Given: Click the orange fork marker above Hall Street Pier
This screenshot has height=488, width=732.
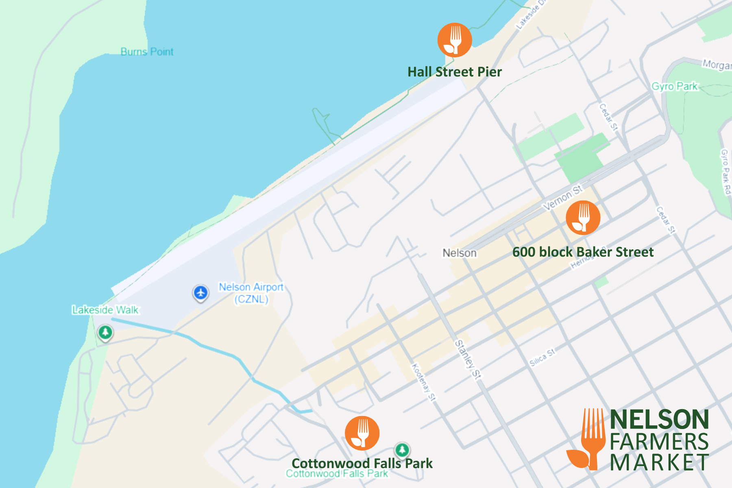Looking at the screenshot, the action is [455, 40].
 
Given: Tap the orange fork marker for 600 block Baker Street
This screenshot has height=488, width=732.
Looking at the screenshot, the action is [583, 218].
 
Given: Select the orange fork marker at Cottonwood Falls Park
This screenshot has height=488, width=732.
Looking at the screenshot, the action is [362, 433].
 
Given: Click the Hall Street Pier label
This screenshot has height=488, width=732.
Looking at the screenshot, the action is [455, 72].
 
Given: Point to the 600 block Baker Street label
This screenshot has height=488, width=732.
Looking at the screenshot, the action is [583, 252].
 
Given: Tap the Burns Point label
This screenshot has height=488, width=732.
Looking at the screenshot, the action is [147, 52].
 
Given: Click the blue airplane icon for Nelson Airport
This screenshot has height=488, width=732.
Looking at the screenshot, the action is [200, 293].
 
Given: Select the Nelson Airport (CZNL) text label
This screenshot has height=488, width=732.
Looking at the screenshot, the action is [251, 293].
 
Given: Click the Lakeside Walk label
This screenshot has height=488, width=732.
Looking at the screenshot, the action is [105, 310].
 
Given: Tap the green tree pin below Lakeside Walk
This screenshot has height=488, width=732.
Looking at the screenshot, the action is [105, 333].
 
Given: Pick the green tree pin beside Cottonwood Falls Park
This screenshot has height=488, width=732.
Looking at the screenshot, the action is [402, 450].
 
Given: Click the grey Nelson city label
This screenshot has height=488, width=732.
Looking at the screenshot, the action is [460, 253].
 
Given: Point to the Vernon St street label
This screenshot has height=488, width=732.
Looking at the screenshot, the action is [563, 198].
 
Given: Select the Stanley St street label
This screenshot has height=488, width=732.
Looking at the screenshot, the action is [468, 359].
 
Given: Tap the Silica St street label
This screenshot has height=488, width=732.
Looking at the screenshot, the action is [542, 357].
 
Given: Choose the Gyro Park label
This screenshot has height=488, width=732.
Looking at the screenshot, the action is [675, 86].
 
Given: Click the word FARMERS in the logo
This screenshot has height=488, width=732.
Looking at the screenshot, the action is [659, 442].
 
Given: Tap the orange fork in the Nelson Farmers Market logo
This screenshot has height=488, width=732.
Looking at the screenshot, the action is [592, 439].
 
